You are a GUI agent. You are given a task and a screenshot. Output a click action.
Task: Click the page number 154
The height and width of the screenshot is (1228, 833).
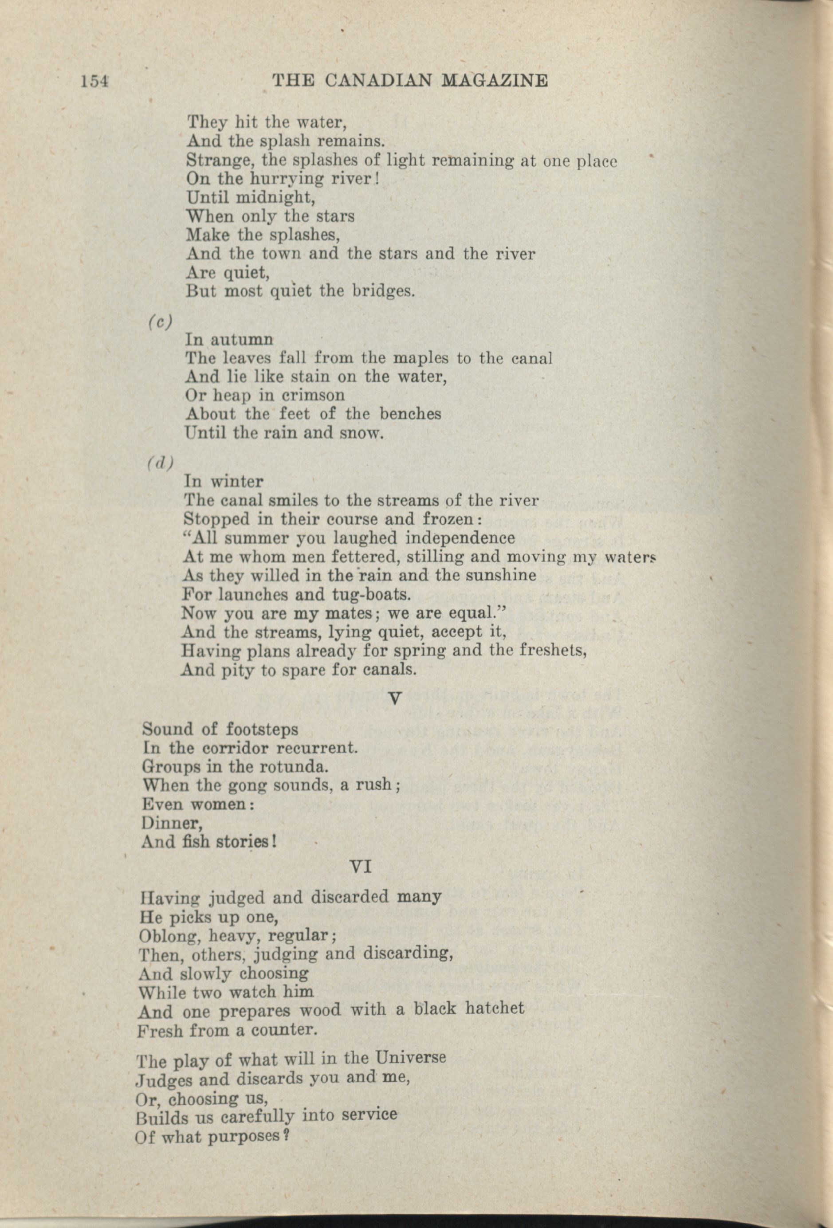click(94, 80)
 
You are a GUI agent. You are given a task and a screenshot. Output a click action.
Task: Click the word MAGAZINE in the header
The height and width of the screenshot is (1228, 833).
click(494, 80)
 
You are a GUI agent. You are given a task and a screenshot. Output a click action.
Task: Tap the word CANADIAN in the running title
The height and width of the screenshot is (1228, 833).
click(379, 80)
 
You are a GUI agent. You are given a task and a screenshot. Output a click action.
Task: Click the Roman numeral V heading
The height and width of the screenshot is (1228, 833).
click(395, 698)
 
